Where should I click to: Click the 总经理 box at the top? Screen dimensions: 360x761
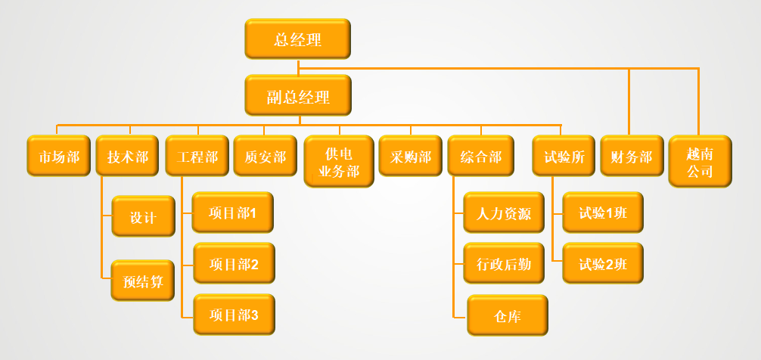tap(297, 39)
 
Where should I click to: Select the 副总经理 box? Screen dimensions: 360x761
tap(297, 96)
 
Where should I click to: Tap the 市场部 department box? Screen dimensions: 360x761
tap(59, 156)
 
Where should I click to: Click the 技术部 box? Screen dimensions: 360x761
tap(127, 156)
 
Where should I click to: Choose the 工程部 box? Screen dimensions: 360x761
tap(197, 156)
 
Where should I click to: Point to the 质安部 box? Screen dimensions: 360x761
tap(265, 156)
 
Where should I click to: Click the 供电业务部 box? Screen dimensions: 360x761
tap(338, 161)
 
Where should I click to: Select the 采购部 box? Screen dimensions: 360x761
tap(410, 156)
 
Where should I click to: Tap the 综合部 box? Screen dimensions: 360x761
tap(480, 156)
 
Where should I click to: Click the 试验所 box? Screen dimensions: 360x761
tap(564, 156)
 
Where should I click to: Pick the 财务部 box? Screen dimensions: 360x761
tap(632, 156)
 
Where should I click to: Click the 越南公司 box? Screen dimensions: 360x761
tap(700, 161)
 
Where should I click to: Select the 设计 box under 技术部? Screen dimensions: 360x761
tap(143, 216)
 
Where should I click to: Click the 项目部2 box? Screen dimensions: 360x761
tap(234, 263)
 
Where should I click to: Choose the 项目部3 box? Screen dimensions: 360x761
tap(234, 314)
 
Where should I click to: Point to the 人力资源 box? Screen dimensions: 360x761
tap(504, 213)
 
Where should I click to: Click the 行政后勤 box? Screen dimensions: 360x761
tap(504, 263)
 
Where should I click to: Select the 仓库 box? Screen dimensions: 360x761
tap(507, 315)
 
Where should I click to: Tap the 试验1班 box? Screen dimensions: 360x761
tap(603, 213)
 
